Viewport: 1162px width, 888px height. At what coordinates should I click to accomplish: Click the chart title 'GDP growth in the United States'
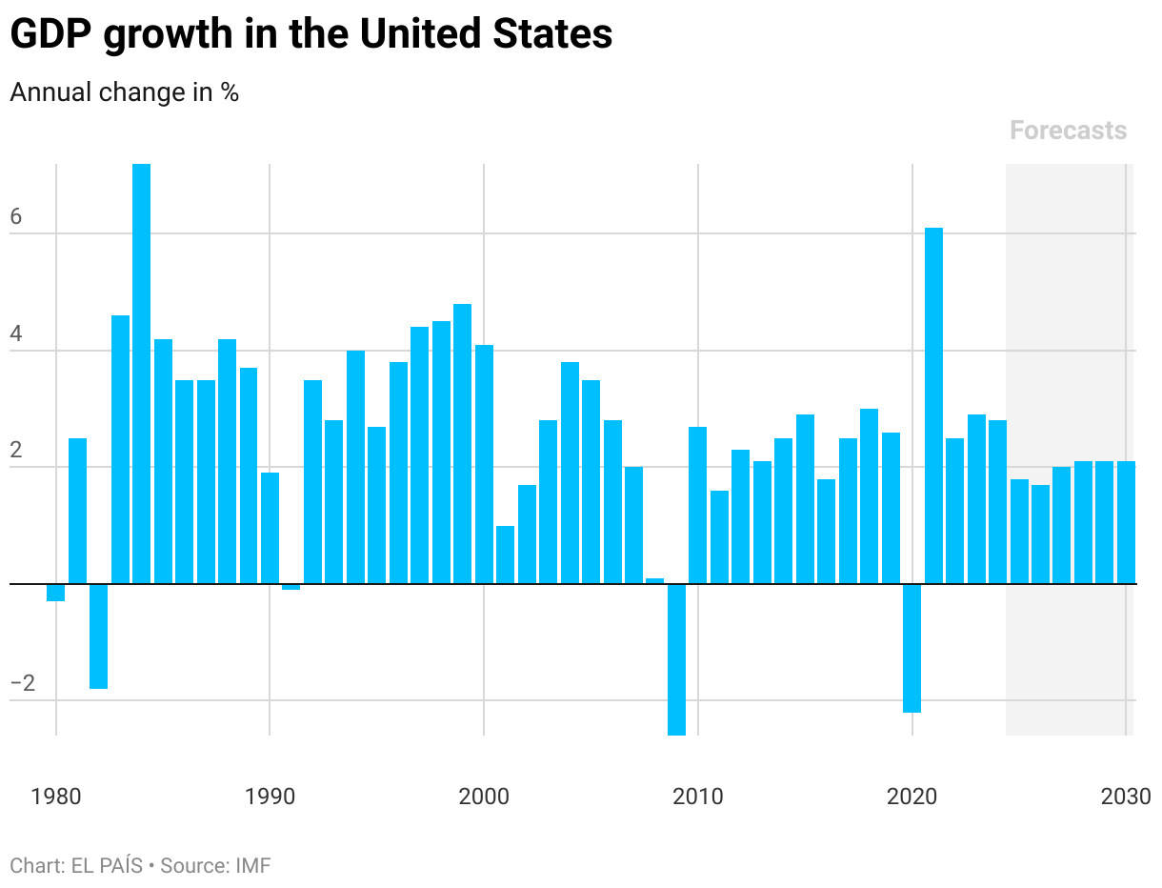pyautogui.click(x=311, y=35)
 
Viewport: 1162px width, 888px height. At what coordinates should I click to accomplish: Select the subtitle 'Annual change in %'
pyautogui.click(x=124, y=92)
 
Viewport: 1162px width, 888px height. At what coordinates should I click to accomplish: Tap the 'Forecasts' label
pyautogui.click(x=1068, y=131)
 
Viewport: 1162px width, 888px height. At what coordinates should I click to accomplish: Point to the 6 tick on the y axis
pyautogui.click(x=16, y=217)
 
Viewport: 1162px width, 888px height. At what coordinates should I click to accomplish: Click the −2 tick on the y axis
pyautogui.click(x=22, y=684)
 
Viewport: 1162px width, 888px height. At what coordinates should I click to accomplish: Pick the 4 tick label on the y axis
pyautogui.click(x=16, y=335)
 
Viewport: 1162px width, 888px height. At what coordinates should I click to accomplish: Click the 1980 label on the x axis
pyautogui.click(x=56, y=796)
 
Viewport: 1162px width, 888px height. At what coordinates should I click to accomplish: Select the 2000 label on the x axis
pyautogui.click(x=484, y=796)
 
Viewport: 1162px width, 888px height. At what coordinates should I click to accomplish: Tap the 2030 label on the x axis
pyautogui.click(x=1126, y=796)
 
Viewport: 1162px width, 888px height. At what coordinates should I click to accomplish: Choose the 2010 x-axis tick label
pyautogui.click(x=698, y=796)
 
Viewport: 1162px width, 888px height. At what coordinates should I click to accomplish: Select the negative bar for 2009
pyautogui.click(x=676, y=658)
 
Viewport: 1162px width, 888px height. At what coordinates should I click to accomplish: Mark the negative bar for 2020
pyautogui.click(x=912, y=647)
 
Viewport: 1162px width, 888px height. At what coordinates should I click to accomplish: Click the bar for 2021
pyautogui.click(x=933, y=405)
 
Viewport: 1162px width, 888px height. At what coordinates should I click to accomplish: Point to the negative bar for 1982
pyautogui.click(x=98, y=636)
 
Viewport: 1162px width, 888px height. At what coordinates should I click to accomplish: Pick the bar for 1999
pyautogui.click(x=462, y=443)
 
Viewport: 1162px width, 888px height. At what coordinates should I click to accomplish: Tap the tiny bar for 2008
pyautogui.click(x=654, y=580)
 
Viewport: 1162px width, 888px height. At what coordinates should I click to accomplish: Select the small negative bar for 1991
pyautogui.click(x=291, y=587)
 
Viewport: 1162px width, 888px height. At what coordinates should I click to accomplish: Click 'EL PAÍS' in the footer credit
pyautogui.click(x=107, y=866)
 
